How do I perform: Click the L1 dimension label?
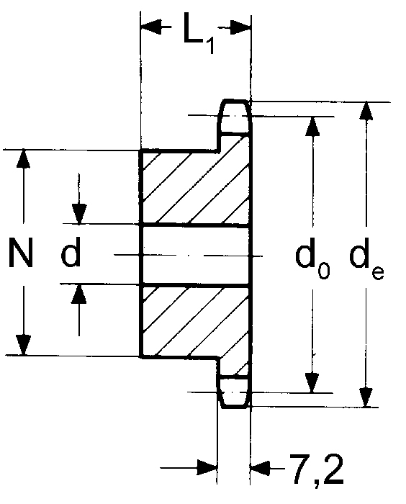(199, 33)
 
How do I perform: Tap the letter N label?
(21, 253)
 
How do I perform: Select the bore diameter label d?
(71, 253)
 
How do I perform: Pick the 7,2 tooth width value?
(317, 470)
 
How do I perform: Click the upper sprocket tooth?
(235, 117)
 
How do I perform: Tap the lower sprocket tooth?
(234, 392)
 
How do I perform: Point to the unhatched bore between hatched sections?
(196, 256)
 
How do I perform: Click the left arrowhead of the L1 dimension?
(151, 26)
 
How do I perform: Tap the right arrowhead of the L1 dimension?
(240, 27)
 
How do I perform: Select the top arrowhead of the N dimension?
(23, 159)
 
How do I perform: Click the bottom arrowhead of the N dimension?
(24, 345)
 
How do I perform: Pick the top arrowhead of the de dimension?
(366, 112)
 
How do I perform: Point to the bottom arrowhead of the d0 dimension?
(312, 383)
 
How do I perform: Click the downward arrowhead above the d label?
(79, 214)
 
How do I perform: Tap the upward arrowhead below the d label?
(79, 294)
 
